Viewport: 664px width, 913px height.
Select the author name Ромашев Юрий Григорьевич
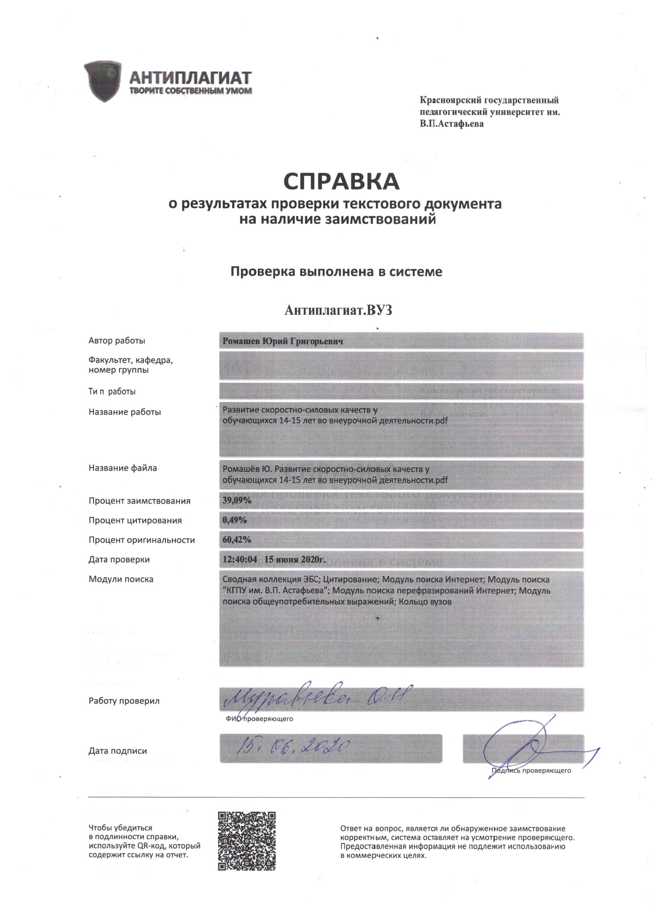pos(283,341)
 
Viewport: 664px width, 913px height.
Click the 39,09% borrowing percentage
pos(237,501)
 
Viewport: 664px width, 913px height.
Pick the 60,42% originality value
pos(237,539)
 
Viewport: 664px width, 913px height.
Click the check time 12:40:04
pos(240,559)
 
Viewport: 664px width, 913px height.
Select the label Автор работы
pos(117,341)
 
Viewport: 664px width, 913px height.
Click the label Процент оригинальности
pos(142,540)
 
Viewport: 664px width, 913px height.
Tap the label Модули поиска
pos(121,579)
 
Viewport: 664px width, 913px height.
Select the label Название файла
pos(122,468)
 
